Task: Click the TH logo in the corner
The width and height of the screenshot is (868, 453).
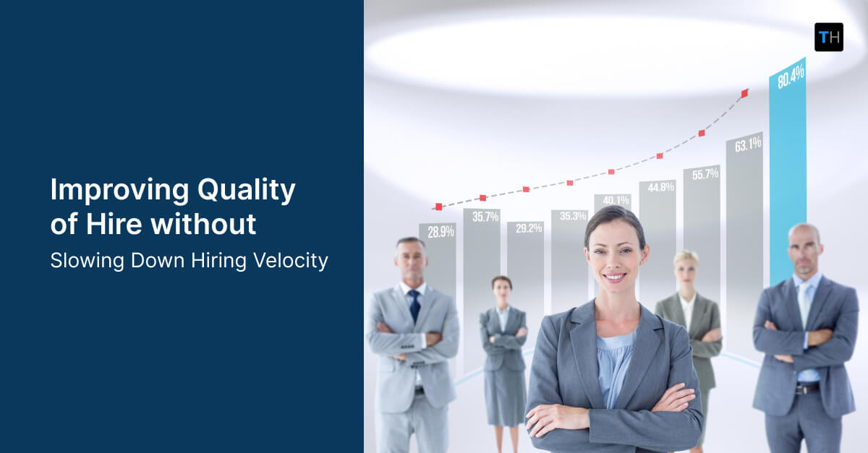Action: pyautogui.click(x=828, y=37)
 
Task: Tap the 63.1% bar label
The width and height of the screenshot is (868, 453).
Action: pyautogui.click(x=748, y=144)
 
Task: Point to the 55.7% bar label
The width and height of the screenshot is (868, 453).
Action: pyautogui.click(x=705, y=174)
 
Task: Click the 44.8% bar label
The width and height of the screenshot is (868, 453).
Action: pyautogui.click(x=660, y=187)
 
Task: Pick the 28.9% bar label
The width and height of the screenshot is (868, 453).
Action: pyautogui.click(x=441, y=232)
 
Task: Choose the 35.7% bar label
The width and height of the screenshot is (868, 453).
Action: pyautogui.click(x=485, y=216)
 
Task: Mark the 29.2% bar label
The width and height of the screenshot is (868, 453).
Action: pyautogui.click(x=528, y=228)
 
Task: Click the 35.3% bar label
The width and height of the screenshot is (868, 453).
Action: pyautogui.click(x=572, y=215)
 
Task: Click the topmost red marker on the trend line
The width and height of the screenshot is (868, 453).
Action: pyautogui.click(x=745, y=92)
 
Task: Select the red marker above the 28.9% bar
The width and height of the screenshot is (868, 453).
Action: pyautogui.click(x=438, y=207)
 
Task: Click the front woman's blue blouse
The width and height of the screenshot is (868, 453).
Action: pyautogui.click(x=615, y=361)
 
